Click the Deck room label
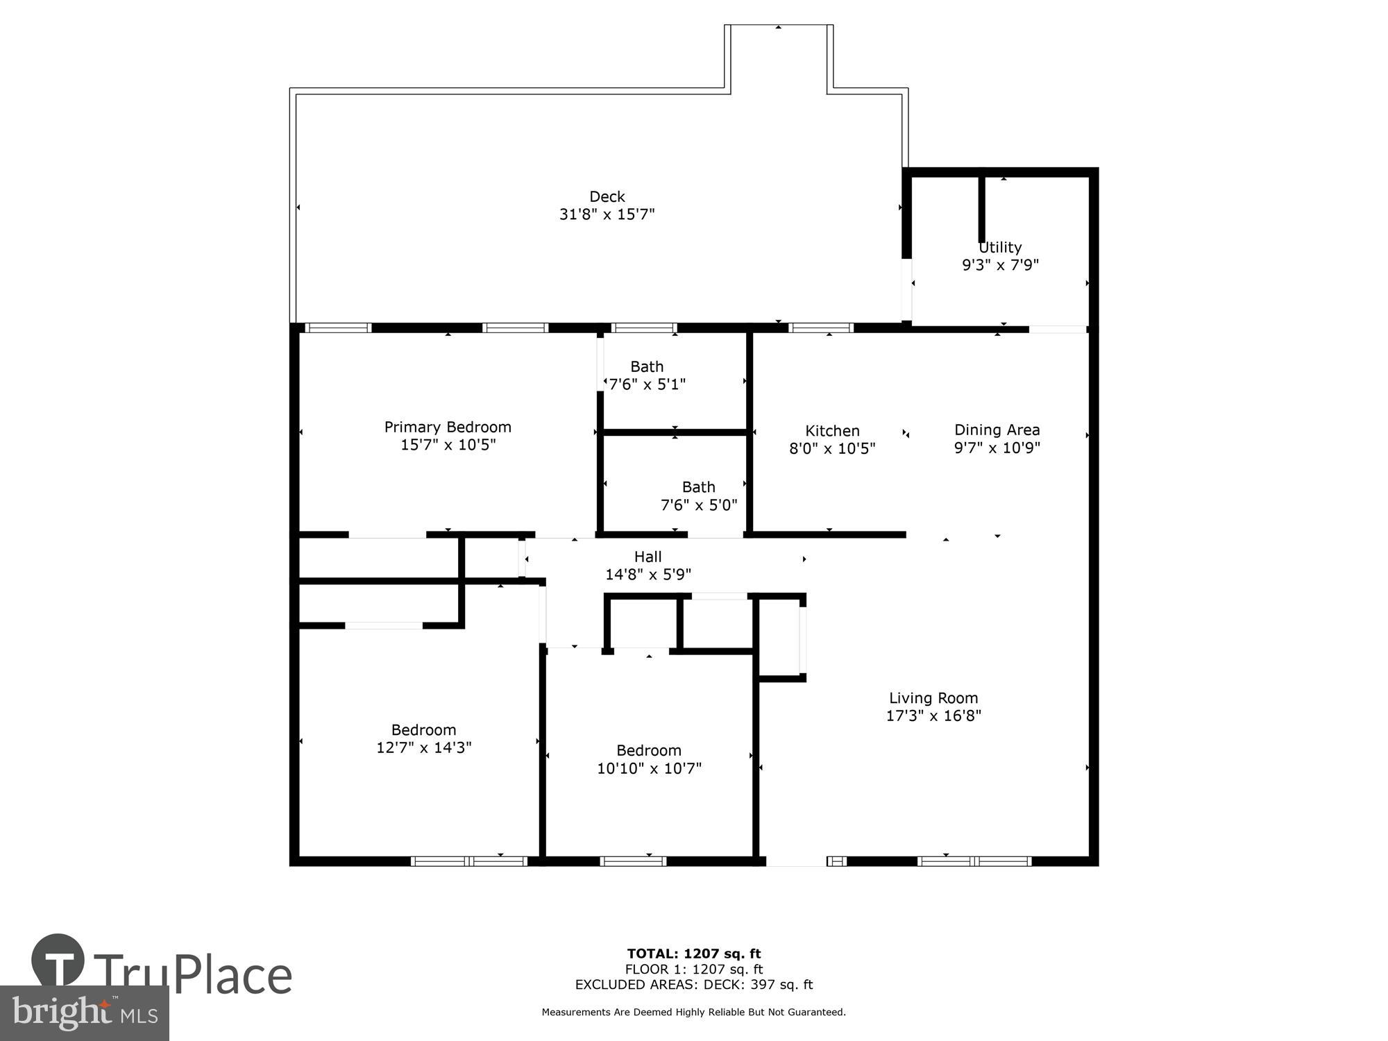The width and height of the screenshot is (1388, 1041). click(607, 196)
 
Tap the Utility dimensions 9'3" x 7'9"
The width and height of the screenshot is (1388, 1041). click(1000, 265)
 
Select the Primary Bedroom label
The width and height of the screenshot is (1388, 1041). click(448, 427)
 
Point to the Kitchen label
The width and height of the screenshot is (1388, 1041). click(832, 431)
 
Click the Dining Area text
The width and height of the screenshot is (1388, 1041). click(997, 430)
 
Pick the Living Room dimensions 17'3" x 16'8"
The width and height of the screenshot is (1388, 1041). click(933, 716)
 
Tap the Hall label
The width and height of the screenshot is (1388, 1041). click(648, 557)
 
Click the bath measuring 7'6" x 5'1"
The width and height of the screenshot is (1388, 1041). click(647, 375)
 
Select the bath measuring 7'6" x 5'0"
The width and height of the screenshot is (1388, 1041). click(698, 496)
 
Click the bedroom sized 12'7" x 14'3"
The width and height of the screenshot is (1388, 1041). click(423, 738)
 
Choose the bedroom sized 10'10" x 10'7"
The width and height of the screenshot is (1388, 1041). click(649, 759)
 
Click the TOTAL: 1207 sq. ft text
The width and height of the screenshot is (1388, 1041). click(694, 954)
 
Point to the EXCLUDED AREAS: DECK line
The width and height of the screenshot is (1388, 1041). click(694, 984)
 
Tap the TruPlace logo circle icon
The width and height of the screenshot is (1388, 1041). click(58, 960)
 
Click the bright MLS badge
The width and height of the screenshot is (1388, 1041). click(84, 1013)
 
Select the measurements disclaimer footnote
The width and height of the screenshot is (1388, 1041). click(694, 1012)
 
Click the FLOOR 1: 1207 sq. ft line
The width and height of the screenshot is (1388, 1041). click(694, 969)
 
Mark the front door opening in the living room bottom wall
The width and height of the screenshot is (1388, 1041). click(796, 861)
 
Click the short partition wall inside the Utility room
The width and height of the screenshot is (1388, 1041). click(982, 208)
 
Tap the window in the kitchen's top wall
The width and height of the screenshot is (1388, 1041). click(821, 328)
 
